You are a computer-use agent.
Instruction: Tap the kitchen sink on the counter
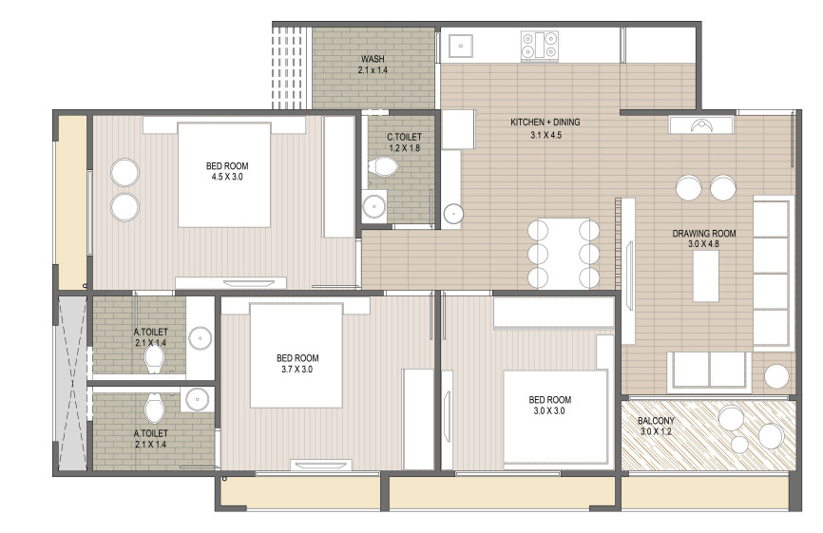click(x=460, y=46)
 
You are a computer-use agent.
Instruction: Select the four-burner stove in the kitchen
click(x=540, y=45)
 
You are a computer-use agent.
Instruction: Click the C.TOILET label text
click(x=404, y=137)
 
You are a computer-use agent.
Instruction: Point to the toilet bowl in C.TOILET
click(x=384, y=167)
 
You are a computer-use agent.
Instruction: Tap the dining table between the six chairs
click(x=564, y=253)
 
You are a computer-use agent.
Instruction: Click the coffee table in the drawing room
click(x=706, y=276)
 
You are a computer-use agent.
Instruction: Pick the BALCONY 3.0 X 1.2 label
click(x=656, y=426)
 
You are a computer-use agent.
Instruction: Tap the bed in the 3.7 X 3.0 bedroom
click(x=297, y=355)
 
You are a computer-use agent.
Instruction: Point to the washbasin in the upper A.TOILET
click(x=200, y=336)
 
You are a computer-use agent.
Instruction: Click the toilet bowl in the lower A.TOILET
click(x=154, y=409)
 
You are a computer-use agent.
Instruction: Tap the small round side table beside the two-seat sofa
click(x=776, y=376)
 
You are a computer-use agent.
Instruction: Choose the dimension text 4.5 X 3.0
click(x=227, y=178)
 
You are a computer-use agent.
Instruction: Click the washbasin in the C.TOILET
click(x=374, y=207)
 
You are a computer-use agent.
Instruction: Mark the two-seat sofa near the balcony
click(x=709, y=371)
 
